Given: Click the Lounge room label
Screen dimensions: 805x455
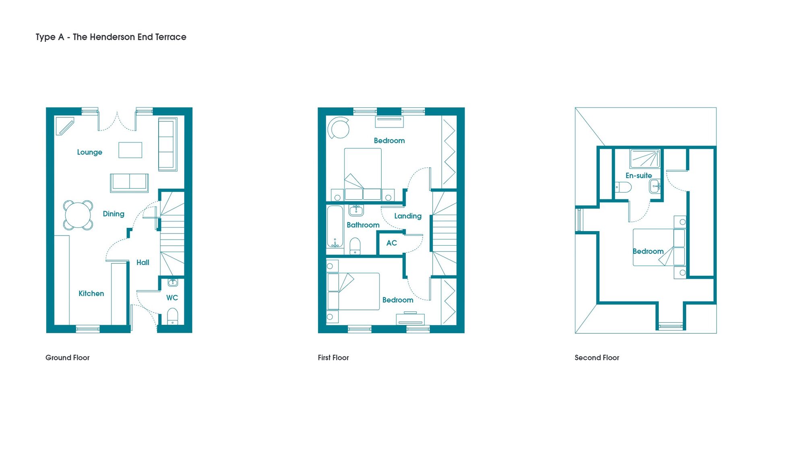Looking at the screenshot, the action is [x=89, y=152].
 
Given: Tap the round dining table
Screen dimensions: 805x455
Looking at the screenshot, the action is [x=78, y=215].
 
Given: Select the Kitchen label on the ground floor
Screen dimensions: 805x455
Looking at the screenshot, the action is [x=91, y=293].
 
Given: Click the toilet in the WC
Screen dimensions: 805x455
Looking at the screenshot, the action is [x=172, y=316].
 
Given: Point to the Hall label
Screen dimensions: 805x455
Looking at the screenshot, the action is [x=143, y=262].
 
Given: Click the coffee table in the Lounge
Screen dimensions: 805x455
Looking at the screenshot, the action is [x=130, y=150].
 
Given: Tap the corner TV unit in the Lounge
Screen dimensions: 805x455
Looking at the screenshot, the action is [x=65, y=126].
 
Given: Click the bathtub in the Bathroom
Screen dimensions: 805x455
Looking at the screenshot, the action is [x=335, y=226].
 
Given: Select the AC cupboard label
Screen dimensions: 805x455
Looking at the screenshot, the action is [x=392, y=243].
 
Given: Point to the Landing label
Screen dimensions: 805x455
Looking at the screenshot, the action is [x=408, y=216].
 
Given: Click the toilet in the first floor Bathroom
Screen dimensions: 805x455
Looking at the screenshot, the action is [x=355, y=246].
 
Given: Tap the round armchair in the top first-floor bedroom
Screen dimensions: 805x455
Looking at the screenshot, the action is [x=338, y=128].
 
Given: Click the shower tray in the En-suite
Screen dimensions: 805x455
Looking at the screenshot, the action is [x=645, y=158].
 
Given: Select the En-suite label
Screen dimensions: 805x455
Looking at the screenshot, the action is [x=639, y=176].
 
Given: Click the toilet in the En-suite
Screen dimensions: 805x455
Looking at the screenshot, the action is [x=623, y=187].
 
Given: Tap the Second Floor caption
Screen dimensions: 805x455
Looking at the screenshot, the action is [x=597, y=358].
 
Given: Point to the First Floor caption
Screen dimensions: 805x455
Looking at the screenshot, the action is [x=333, y=358].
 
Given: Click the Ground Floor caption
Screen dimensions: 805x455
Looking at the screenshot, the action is [x=67, y=358].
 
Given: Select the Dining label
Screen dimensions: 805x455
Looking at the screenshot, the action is [x=114, y=214].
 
